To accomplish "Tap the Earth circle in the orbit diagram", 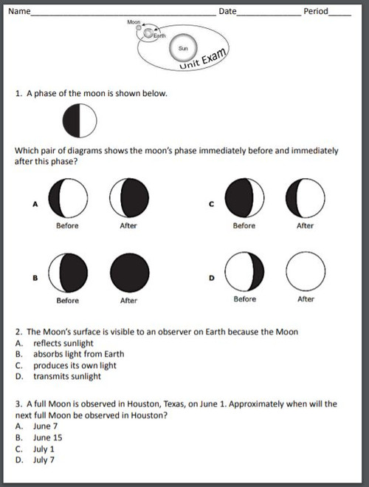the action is pyautogui.click(x=151, y=33).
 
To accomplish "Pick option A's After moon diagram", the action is pyautogui.click(x=129, y=198).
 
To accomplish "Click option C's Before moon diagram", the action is pyautogui.click(x=244, y=198).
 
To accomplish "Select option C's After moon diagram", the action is pyautogui.click(x=305, y=198).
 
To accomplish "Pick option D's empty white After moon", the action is pyautogui.click(x=305, y=272).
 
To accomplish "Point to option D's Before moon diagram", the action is pyautogui.click(x=244, y=272).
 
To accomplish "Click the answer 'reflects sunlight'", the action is pyautogui.click(x=63, y=343).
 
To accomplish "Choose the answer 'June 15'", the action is pyautogui.click(x=46, y=437).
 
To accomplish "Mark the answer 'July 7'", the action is pyautogui.click(x=44, y=460).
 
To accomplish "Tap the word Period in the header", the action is pyautogui.click(x=315, y=12).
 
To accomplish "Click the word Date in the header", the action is pyautogui.click(x=227, y=12).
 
